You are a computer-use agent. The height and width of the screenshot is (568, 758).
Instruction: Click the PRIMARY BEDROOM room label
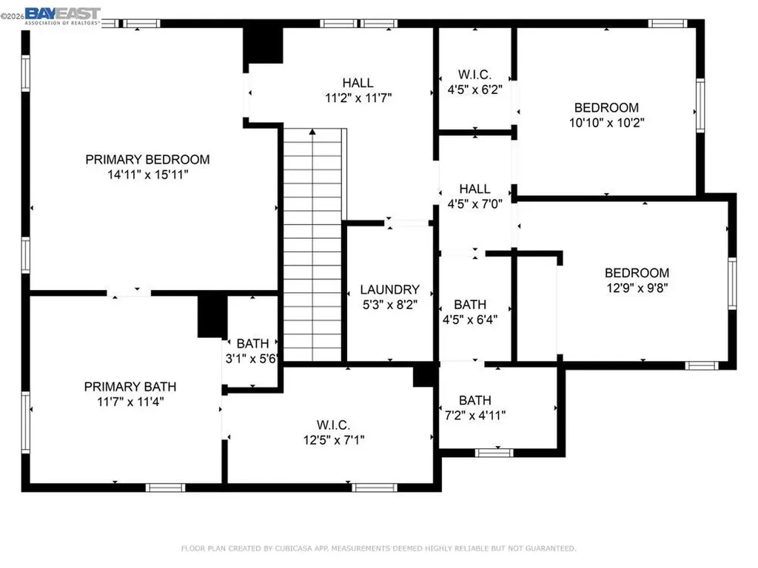point(147,159)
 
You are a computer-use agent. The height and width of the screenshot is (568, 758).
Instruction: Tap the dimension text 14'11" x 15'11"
point(147,175)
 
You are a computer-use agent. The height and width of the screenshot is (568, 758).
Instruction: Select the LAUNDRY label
point(389,290)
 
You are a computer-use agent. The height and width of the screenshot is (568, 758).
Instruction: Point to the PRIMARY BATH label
point(130,386)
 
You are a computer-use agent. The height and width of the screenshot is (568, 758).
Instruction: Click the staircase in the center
point(312,244)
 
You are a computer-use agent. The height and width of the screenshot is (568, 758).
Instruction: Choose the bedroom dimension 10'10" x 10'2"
point(606,123)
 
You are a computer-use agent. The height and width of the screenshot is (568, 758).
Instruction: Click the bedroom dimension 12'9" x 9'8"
point(637,288)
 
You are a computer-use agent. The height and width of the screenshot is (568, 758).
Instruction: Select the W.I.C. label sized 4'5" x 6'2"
point(474,75)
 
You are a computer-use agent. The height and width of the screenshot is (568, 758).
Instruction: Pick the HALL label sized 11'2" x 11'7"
point(358,83)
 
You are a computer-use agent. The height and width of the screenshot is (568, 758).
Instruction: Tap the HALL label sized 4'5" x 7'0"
point(474,189)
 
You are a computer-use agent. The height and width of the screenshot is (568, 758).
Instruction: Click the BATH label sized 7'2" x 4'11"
point(474,400)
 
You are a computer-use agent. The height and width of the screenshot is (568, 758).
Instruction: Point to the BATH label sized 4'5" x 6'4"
point(470,304)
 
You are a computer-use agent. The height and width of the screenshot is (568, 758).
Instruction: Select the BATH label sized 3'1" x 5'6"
point(252,343)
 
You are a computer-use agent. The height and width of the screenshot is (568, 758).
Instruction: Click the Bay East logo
point(63,15)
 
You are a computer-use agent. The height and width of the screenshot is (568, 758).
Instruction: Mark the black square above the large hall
point(264,46)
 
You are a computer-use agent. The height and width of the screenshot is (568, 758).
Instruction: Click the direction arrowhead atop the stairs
point(312,132)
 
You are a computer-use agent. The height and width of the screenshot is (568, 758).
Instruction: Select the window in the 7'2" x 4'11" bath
point(494,452)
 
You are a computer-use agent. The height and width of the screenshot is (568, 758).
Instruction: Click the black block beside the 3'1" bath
point(210,316)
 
